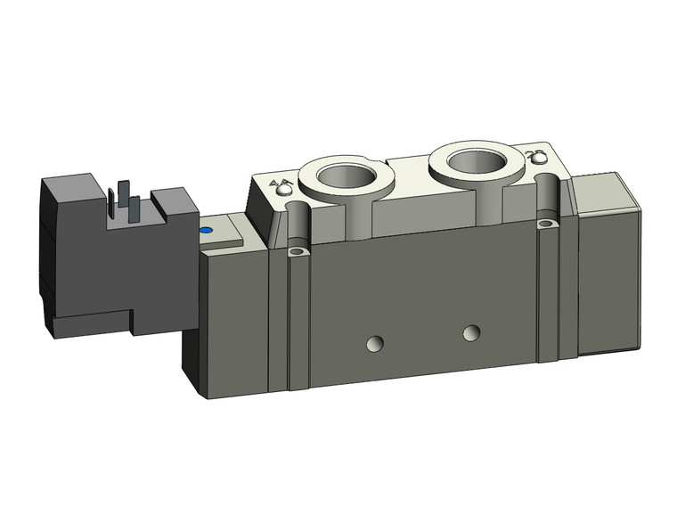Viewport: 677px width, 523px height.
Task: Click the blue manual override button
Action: (x=207, y=232)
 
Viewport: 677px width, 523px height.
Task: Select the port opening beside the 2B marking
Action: (x=474, y=161)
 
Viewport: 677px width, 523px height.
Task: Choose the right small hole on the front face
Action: (x=471, y=333)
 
